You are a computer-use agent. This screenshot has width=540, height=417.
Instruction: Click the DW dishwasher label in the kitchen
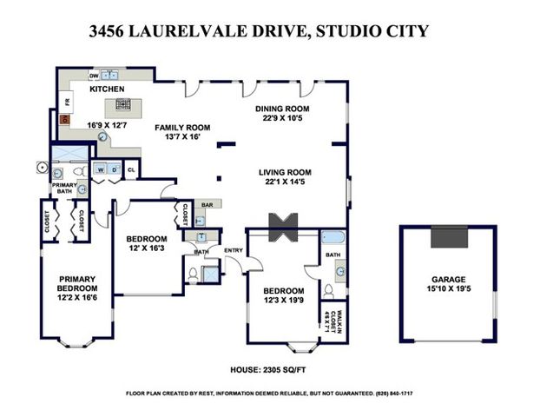coord(93,76)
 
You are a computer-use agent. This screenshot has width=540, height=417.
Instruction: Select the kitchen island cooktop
coord(122,107)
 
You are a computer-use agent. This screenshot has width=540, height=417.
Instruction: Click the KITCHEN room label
coord(107,89)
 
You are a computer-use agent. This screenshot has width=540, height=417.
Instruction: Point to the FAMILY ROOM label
coord(182,128)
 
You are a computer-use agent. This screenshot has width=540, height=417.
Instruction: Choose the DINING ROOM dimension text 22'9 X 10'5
coord(282,119)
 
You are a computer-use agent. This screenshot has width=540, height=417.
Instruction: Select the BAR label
coord(207,206)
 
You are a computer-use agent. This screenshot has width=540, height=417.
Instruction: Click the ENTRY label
coord(233,251)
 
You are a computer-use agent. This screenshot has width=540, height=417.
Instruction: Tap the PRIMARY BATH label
coord(64,189)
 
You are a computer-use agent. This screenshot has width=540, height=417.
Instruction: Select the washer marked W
coord(101,169)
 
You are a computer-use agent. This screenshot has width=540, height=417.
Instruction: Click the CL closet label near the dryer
coord(130,169)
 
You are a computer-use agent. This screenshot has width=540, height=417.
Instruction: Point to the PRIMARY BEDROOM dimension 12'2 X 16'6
coord(76,298)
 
